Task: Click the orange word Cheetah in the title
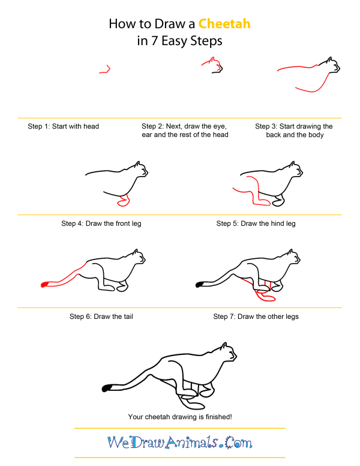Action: coord(224,25)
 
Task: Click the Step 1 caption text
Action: coord(64,127)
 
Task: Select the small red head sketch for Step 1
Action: coord(105,70)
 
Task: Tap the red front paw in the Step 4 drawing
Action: coord(124,202)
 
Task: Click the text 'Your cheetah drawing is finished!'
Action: coord(179,416)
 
